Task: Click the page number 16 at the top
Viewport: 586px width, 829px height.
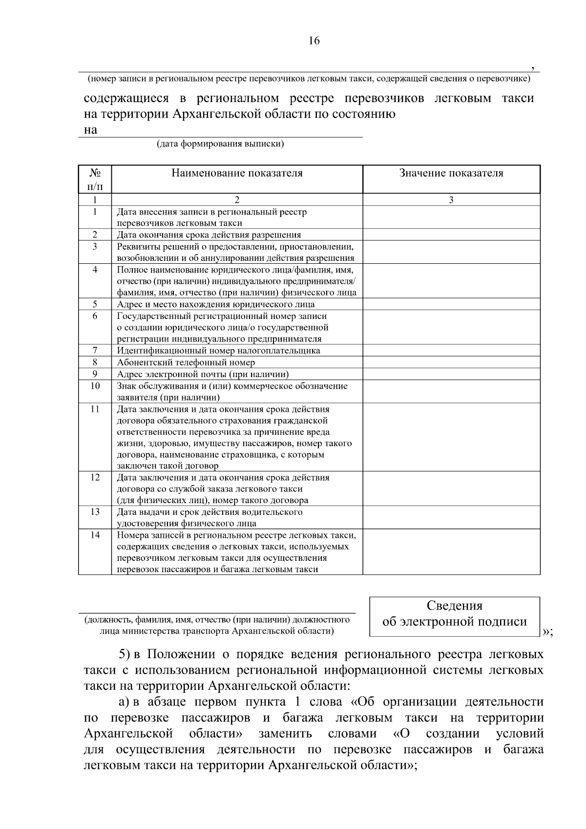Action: click(314, 41)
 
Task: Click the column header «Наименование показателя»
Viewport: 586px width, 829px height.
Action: click(237, 173)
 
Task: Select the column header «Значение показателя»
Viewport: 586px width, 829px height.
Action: click(451, 173)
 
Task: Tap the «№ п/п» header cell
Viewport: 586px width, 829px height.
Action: click(95, 179)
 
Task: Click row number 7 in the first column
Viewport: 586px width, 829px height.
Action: click(95, 350)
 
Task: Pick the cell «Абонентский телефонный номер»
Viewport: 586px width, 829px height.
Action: click(186, 362)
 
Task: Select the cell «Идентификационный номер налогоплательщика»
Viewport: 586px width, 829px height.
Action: click(218, 351)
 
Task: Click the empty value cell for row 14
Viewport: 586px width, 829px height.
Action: click(451, 552)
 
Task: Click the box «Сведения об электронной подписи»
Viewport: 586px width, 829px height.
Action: click(455, 616)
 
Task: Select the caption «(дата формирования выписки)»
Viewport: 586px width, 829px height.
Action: click(220, 144)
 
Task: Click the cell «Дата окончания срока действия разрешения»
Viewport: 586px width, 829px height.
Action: click(209, 235)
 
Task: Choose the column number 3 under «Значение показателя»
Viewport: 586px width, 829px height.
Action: click(451, 200)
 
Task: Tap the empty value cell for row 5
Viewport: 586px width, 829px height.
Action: click(451, 304)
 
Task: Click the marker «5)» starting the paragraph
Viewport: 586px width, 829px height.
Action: click(126, 654)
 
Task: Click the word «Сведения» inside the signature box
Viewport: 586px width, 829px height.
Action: click(455, 606)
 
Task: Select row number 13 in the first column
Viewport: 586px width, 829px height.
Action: click(95, 512)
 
